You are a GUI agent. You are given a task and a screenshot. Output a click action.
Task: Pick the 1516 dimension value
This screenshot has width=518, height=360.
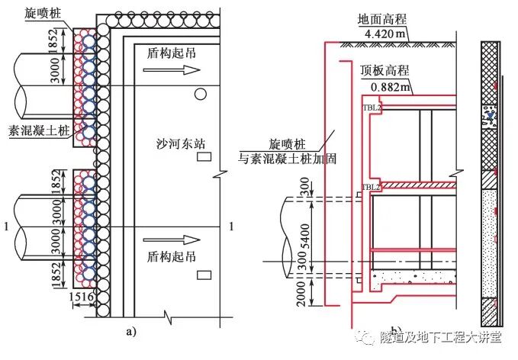pos(83,297)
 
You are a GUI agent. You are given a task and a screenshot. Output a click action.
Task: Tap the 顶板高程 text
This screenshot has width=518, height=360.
pos(384,70)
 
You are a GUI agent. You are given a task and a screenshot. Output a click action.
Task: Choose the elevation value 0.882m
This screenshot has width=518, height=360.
pos(384,85)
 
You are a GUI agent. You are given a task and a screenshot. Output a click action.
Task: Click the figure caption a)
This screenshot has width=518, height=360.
pos(132,331)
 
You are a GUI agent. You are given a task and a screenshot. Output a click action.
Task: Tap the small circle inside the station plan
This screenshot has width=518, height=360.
pos(199,94)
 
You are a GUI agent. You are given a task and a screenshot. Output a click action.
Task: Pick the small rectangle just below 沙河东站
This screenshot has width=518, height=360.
pos(204,158)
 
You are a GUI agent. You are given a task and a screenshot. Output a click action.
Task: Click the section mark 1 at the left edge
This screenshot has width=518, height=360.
pos(7,227)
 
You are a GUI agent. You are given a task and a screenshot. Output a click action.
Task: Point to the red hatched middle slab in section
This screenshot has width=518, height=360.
pos(413,185)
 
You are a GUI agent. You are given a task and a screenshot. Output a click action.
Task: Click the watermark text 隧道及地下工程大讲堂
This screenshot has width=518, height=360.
pos(441,337)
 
